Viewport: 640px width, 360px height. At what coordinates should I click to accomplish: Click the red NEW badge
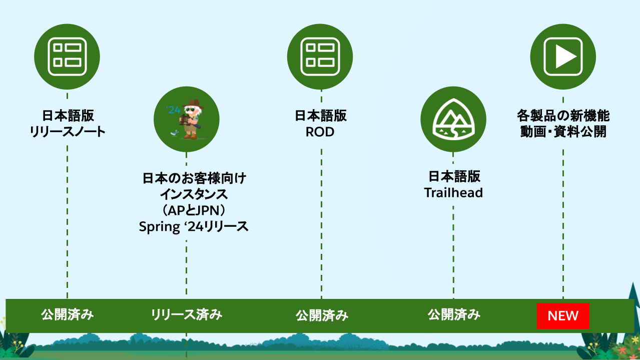pyautogui.click(x=563, y=316)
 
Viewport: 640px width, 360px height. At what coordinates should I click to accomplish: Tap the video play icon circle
pyautogui.click(x=563, y=57)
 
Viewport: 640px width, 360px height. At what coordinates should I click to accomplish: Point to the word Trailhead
pyautogui.click(x=453, y=193)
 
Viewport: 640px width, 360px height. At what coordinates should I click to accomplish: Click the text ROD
pyautogui.click(x=320, y=132)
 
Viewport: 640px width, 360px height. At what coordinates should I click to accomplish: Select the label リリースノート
pyautogui.click(x=68, y=132)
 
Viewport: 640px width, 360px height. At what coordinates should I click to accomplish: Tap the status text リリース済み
pyautogui.click(x=187, y=315)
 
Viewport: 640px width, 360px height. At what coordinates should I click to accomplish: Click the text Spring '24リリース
pyautogui.click(x=194, y=227)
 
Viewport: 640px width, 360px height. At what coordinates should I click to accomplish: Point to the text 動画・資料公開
pyautogui.click(x=563, y=132)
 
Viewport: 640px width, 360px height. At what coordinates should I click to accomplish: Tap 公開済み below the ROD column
pyautogui.click(x=322, y=315)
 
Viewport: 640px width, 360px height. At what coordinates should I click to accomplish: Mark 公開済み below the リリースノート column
pyautogui.click(x=68, y=315)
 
